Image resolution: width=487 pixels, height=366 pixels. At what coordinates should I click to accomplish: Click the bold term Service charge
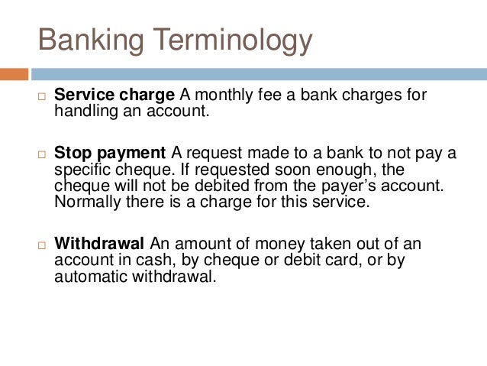pyautogui.click(x=114, y=96)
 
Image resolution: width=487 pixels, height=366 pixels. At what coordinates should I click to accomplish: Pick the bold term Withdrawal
pyautogui.click(x=99, y=245)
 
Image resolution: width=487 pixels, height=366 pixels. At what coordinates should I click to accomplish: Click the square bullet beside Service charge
pyautogui.click(x=43, y=96)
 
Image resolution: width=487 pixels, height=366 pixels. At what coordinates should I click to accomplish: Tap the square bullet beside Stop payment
pyautogui.click(x=43, y=154)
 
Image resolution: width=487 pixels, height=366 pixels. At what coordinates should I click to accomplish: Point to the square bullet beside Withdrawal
pyautogui.click(x=43, y=245)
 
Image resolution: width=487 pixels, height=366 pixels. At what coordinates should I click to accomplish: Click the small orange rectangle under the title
pyautogui.click(x=14, y=74)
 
